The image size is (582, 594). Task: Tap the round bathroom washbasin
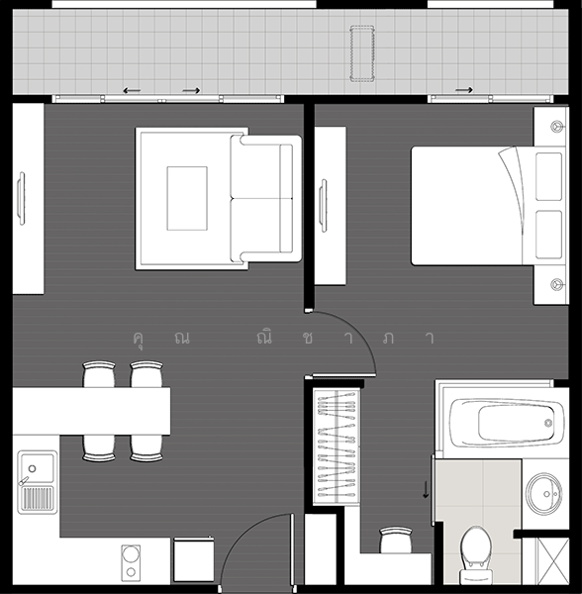542,492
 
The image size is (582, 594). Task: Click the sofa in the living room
266,198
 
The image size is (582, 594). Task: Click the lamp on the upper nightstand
551,127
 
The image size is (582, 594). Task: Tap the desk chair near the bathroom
394,541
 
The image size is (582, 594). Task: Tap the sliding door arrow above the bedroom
463,90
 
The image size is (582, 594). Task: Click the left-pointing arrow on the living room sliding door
132,91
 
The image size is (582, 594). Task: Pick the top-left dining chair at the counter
100,374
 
